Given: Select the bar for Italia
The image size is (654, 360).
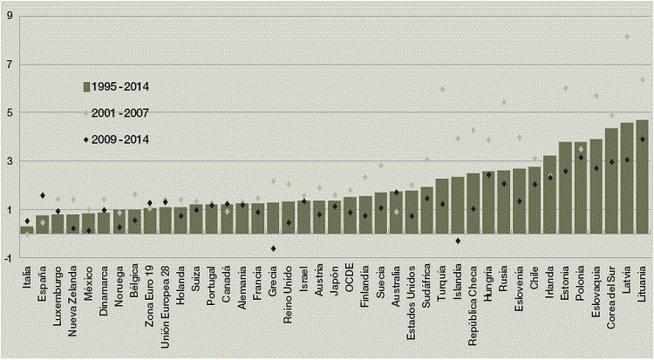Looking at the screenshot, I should pos(27,229).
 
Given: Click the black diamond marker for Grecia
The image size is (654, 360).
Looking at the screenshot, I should pos(273,248).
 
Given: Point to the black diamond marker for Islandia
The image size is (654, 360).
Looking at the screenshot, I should pos(458,241).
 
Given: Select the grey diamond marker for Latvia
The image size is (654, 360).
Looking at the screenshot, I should pos(626,37).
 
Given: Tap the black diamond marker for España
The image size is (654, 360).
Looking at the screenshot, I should pos(43,195).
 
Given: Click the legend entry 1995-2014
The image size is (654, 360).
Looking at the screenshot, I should pos(117,86).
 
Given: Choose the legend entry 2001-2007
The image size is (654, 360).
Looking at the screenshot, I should pos(117,112).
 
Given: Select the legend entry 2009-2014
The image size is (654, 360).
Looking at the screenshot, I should pos(117,139).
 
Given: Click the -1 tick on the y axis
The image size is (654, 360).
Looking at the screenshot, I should pos(8,257).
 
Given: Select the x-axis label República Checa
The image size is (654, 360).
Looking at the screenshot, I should pos(473,305).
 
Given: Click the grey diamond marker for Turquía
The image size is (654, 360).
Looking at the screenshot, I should pos(442,89).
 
